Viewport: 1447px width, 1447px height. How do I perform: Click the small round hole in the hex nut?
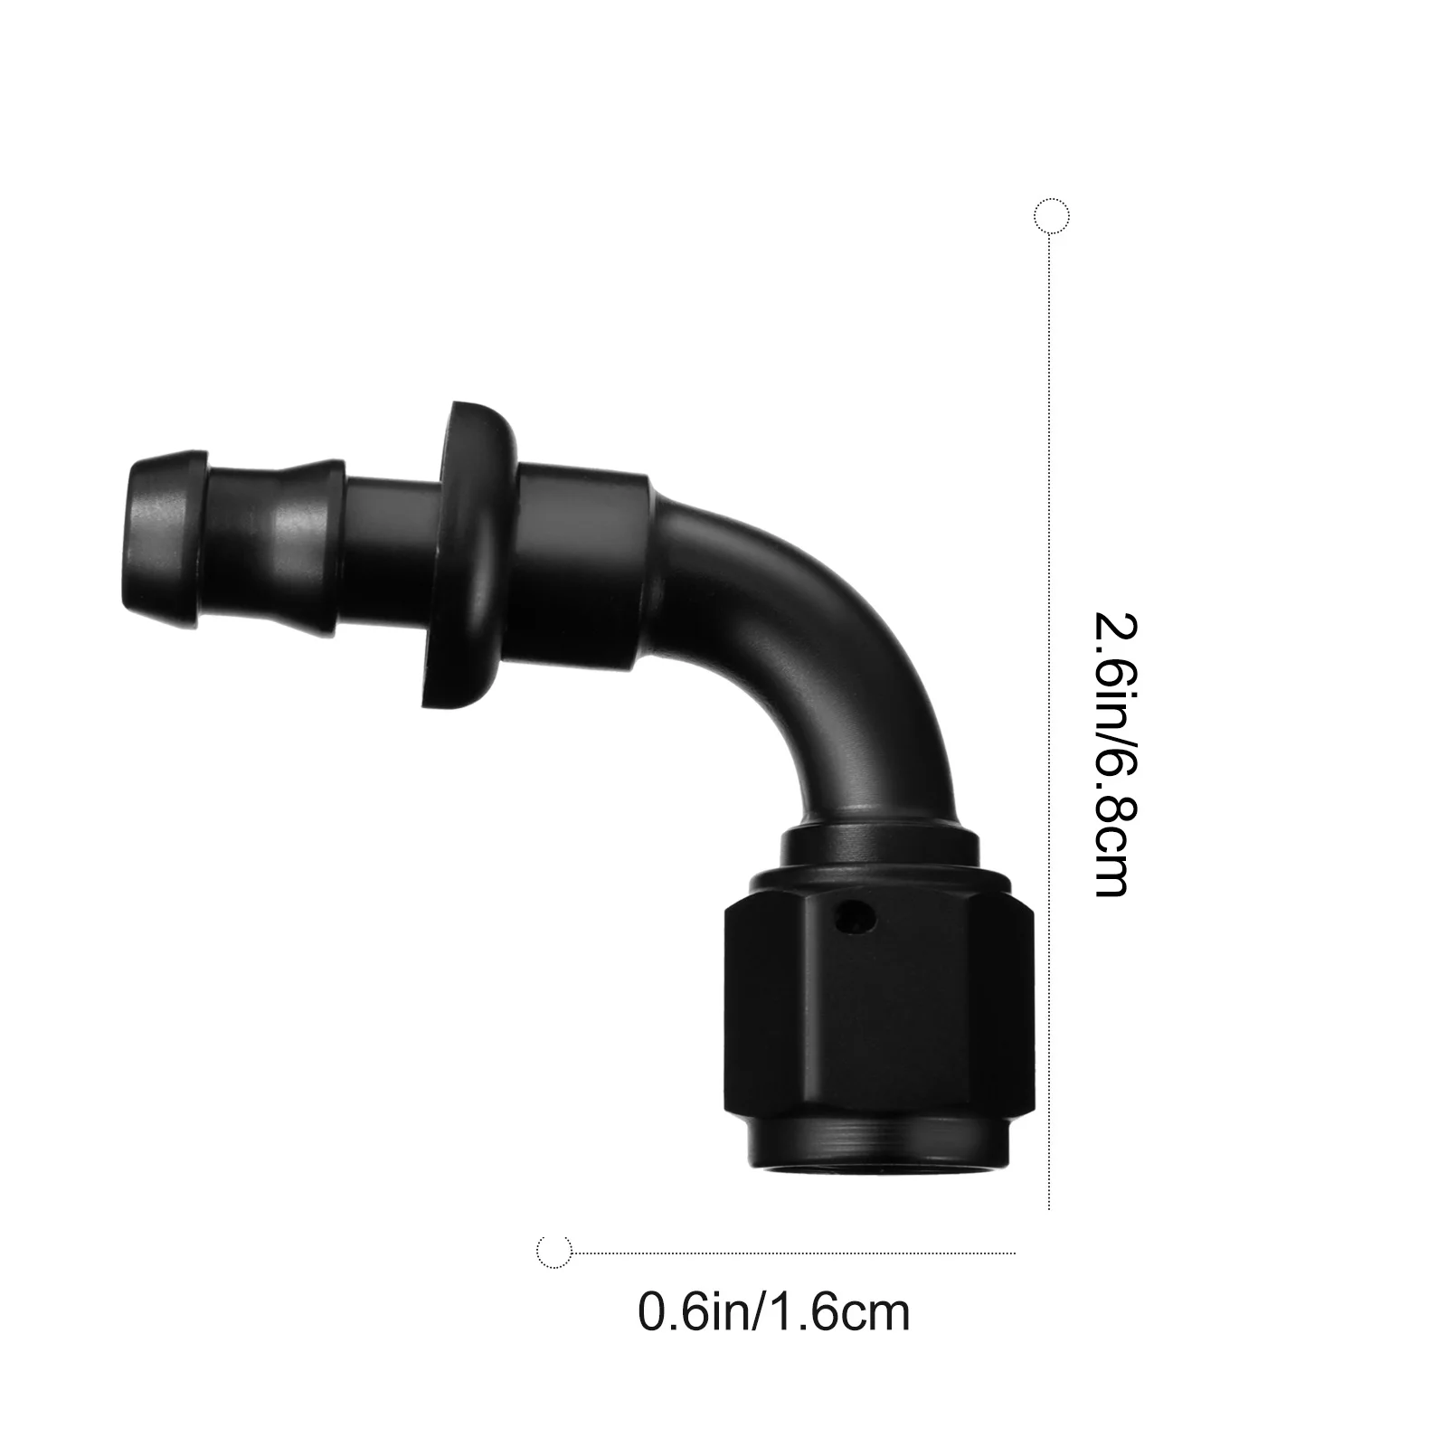pyautogui.click(x=854, y=920)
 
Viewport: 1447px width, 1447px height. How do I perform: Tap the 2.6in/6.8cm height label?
pyautogui.click(x=1112, y=754)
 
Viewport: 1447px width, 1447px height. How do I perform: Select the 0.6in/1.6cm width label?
pyautogui.click(x=774, y=1312)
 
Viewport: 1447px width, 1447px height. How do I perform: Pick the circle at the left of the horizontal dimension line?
pyautogui.click(x=554, y=1253)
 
